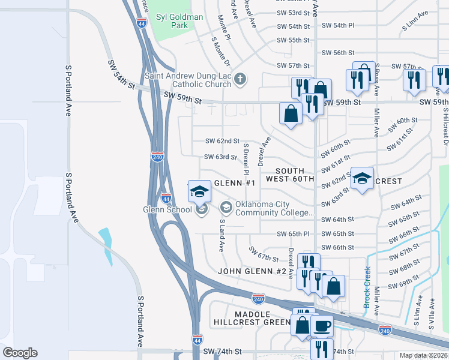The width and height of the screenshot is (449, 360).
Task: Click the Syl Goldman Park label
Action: pyautogui.click(x=179, y=22)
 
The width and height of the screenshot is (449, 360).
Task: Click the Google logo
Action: pyautogui.click(x=20, y=353)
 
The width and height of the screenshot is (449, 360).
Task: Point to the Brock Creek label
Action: pyautogui.click(x=367, y=287)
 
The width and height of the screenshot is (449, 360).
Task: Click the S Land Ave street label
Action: pyautogui.click(x=221, y=235)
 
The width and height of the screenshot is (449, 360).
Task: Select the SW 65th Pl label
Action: pyautogui.click(x=293, y=233)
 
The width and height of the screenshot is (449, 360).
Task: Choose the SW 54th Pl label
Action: pyautogui.click(x=338, y=25)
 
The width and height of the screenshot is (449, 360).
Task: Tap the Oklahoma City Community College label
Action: pyautogui.click(x=274, y=209)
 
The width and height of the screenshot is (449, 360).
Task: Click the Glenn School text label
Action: pyautogui.click(x=167, y=209)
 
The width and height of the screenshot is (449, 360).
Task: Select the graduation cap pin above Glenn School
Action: pyautogui.click(x=199, y=191)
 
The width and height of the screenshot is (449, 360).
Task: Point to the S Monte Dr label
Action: pyautogui.click(x=220, y=50)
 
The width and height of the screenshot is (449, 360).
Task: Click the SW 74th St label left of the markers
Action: pyautogui.click(x=222, y=351)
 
